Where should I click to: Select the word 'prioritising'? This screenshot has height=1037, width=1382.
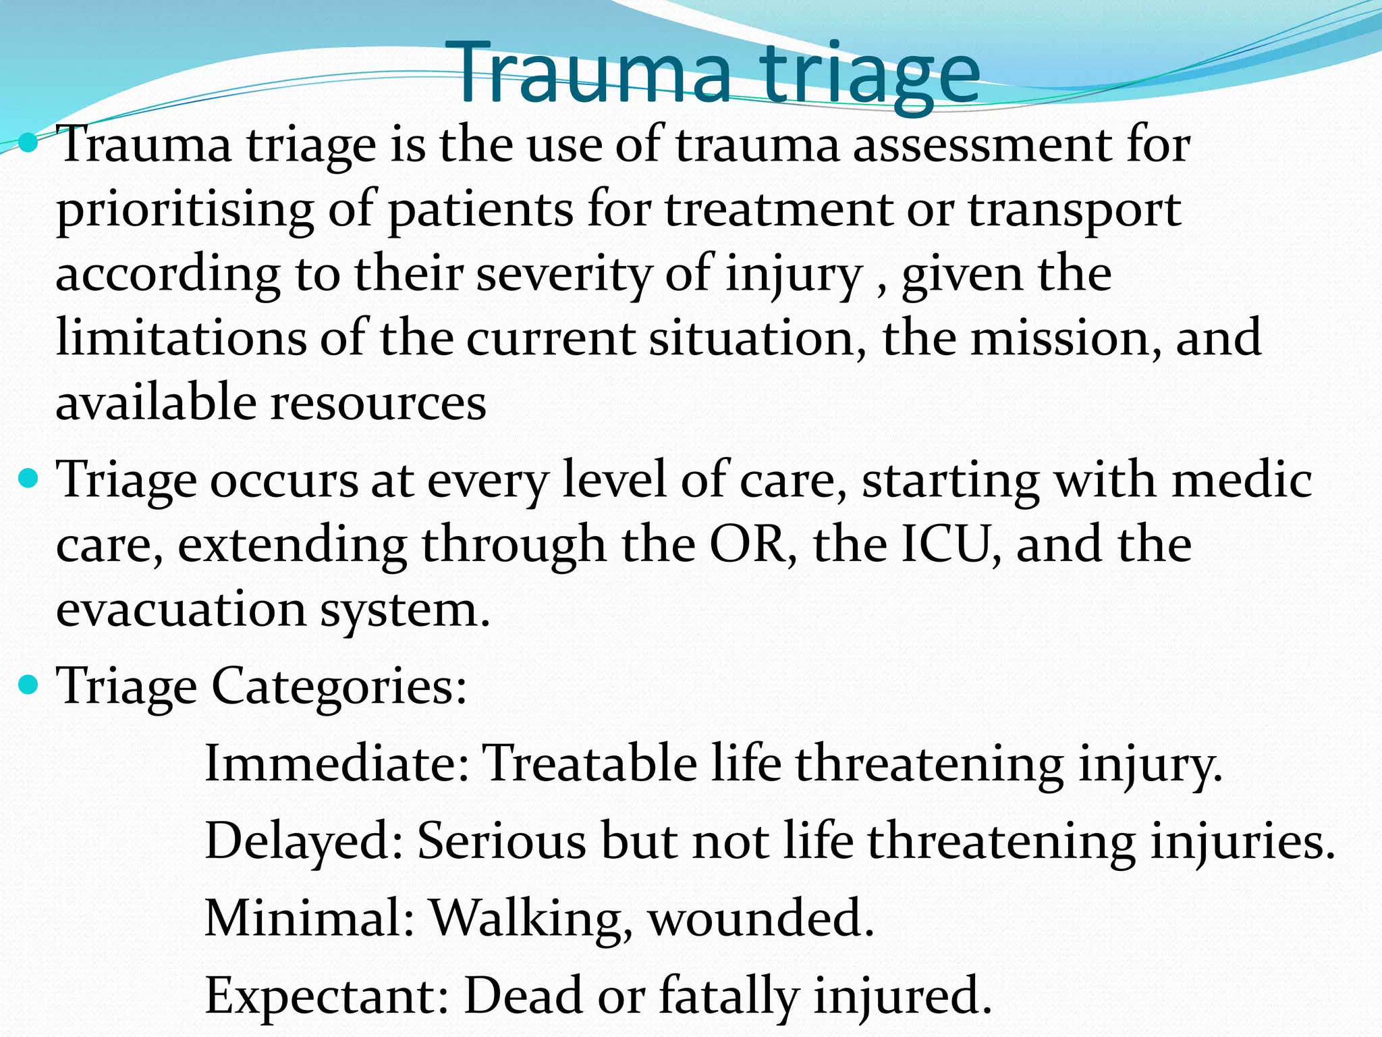coord(185,211)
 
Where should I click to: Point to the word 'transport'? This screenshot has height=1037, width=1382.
coord(1074,211)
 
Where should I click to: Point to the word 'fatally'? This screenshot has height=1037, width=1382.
coord(729,995)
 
